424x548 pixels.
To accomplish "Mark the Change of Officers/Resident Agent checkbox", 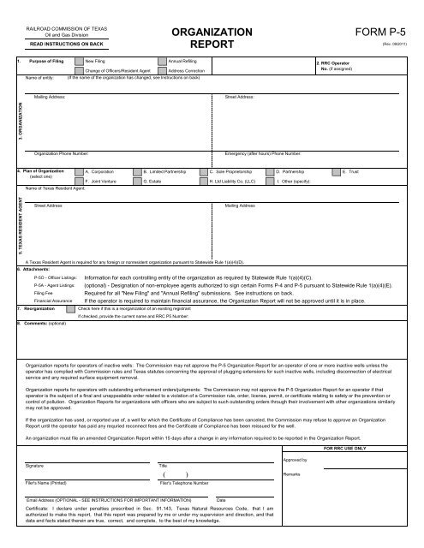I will click(79, 70).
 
